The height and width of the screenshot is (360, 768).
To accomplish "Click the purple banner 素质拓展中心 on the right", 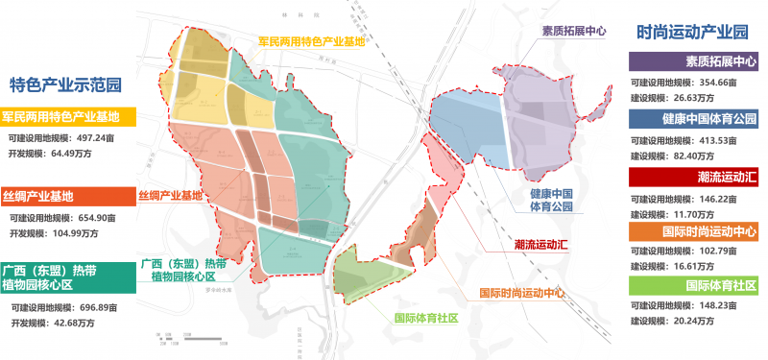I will [694, 62].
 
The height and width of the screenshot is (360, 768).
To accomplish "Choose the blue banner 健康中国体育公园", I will [694, 120].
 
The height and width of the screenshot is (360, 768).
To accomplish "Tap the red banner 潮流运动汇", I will [694, 177].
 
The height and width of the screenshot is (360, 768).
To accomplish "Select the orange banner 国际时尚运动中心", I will [694, 231].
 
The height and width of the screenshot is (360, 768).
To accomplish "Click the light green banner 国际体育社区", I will [694, 286].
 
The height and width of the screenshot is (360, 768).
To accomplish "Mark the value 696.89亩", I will [100, 308].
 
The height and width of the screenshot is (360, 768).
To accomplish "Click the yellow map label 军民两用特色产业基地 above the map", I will [312, 42].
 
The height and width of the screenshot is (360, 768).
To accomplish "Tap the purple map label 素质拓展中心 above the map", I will [574, 31].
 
